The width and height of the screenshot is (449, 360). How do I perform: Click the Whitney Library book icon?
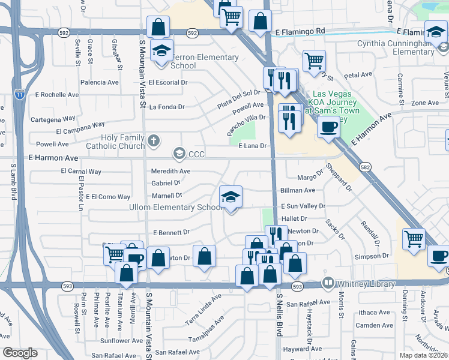[x=328, y=282]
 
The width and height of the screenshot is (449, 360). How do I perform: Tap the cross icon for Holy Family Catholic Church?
[x=154, y=142]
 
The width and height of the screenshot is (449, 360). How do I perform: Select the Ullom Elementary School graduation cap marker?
[x=230, y=197]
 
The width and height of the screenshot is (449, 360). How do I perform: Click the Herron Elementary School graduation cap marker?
[x=161, y=51]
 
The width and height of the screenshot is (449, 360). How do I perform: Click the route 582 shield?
[x=364, y=166]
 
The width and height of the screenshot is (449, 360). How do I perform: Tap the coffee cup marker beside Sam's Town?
[x=328, y=127]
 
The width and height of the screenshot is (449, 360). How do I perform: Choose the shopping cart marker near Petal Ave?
[x=314, y=61]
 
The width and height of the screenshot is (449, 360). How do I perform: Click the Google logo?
[x=20, y=353]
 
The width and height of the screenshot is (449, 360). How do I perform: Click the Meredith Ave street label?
[x=171, y=171]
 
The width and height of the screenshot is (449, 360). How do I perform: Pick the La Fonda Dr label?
[x=167, y=107]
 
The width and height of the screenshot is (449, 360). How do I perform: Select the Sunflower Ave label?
[x=121, y=340]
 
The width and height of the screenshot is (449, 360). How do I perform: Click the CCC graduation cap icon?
[x=178, y=154]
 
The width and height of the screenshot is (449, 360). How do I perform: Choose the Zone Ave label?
[x=425, y=103]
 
